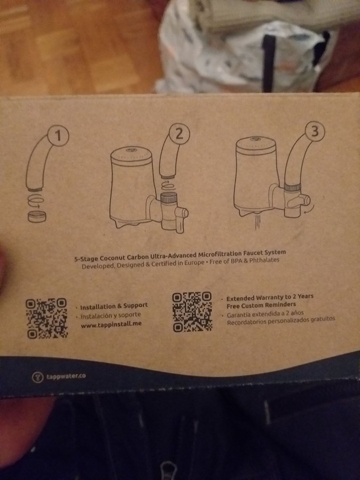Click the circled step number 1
[58, 135]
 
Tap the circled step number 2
[179, 134]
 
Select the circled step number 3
[315, 131]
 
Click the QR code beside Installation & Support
[46, 318]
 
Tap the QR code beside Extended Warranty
[192, 311]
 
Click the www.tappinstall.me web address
[111, 324]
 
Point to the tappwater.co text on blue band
[66, 376]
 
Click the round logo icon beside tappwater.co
[38, 377]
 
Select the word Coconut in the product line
[113, 258]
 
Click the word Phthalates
[264, 260]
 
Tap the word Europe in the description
[194, 262]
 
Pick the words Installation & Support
[114, 306]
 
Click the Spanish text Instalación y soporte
[110, 315]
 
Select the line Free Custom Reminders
[261, 305]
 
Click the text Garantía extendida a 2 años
[265, 314]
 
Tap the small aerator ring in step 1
[37, 217]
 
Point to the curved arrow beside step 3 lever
[309, 210]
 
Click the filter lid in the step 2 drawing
[131, 156]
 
